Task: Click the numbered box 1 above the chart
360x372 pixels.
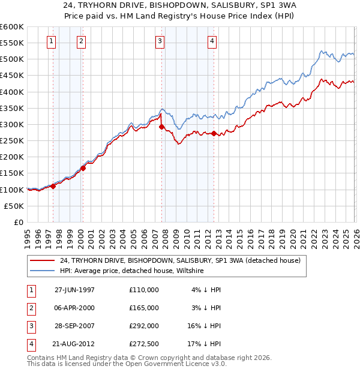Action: pyautogui.click(x=51, y=41)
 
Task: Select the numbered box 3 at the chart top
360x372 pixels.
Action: pyautogui.click(x=160, y=41)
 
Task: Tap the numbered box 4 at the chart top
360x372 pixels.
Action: pyautogui.click(x=212, y=41)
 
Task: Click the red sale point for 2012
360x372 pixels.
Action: pyautogui.click(x=214, y=133)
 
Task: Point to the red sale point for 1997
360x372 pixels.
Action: pyautogui.click(x=53, y=186)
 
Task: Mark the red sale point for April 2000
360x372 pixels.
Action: pyautogui.click(x=83, y=168)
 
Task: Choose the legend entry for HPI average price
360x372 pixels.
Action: pyautogui.click(x=132, y=271)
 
